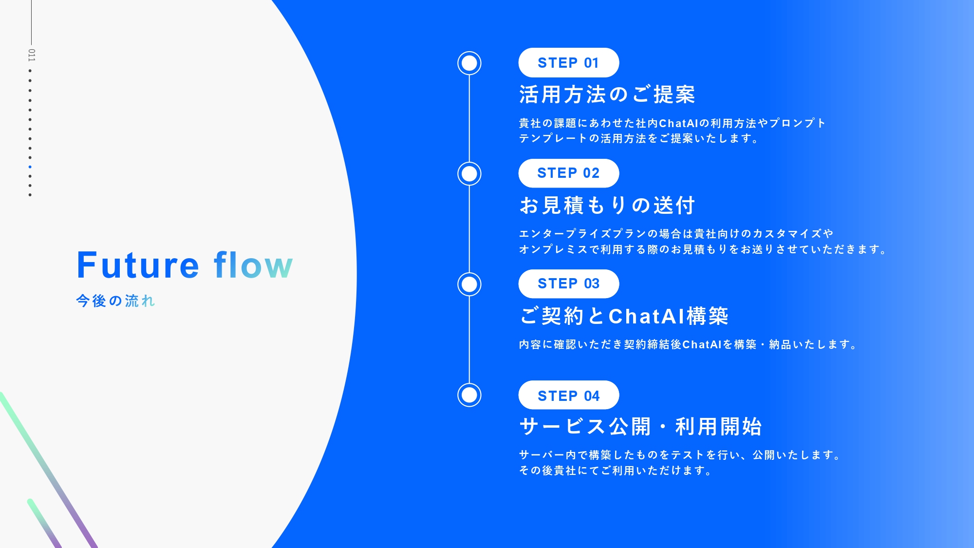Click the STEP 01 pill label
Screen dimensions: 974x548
point(568,63)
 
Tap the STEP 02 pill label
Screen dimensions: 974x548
point(568,173)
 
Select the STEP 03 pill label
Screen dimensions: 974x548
point(568,283)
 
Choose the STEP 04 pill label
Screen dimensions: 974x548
point(568,395)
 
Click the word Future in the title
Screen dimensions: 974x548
point(138,265)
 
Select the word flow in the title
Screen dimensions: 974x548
point(253,265)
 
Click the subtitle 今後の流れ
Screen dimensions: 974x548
point(115,301)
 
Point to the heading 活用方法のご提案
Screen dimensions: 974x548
point(607,94)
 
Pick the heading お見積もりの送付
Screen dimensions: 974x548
point(607,205)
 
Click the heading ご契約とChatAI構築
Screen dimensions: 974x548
point(624,316)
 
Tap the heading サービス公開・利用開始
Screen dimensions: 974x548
point(640,427)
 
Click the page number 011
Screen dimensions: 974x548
point(31,55)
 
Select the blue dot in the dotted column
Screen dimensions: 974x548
point(30,167)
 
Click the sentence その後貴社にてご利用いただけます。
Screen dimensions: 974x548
point(616,471)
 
